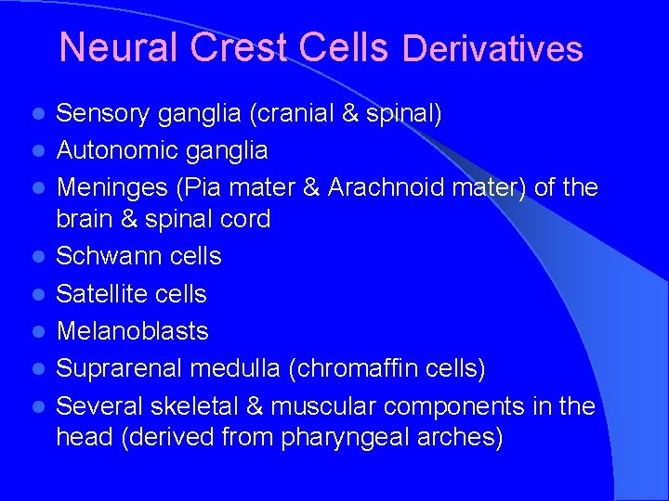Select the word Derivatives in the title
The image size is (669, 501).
tap(493, 48)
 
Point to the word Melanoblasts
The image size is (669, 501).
tap(132, 331)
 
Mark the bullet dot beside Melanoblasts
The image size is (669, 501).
tap(37, 332)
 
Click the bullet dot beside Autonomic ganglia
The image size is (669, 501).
tap(37, 150)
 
